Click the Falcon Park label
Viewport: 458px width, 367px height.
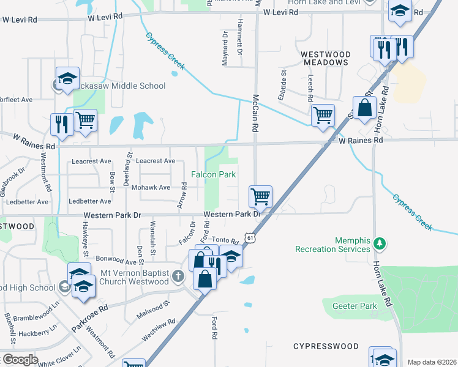click(x=214, y=174)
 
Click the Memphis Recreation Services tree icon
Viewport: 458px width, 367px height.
click(x=380, y=244)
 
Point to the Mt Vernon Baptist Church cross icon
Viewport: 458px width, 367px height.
click(x=178, y=276)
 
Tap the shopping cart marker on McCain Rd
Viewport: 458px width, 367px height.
click(x=260, y=197)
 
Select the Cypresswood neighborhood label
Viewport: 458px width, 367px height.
click(x=326, y=346)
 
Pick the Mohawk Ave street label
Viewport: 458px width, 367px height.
click(x=151, y=187)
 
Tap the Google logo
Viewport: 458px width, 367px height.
click(x=20, y=360)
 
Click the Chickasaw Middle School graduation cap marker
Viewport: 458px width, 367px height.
click(x=67, y=78)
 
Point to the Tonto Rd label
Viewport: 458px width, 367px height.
click(x=225, y=241)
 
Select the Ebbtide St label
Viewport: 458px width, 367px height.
click(x=282, y=85)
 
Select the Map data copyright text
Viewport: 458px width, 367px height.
click(x=432, y=362)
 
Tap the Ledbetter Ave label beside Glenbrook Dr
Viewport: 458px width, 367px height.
click(x=24, y=202)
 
